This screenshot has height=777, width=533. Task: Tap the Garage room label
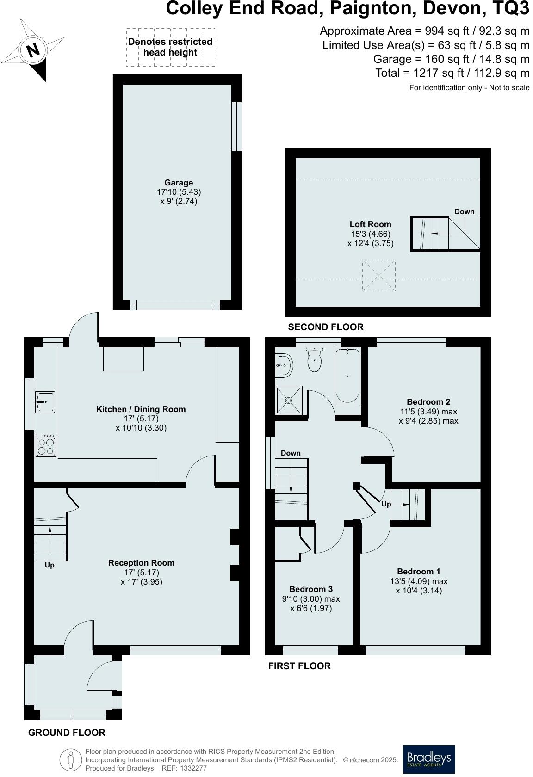tap(179, 183)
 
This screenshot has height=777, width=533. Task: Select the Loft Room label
tap(370, 224)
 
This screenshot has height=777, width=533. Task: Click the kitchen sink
tap(45, 402)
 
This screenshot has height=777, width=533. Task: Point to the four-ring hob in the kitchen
tap(46, 445)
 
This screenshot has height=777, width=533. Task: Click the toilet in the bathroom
tap(315, 361)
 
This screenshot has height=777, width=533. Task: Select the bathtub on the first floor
tap(347, 376)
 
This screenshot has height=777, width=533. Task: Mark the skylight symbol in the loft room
tap(378, 276)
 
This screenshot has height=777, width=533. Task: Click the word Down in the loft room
tap(464, 212)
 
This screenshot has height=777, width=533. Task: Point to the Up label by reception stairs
tap(50, 565)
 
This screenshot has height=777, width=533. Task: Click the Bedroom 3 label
tap(311, 589)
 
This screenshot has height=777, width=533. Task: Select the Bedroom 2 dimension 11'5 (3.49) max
tap(428, 412)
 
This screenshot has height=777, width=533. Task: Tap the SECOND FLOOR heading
tap(326, 327)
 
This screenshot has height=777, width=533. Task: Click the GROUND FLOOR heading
tap(67, 733)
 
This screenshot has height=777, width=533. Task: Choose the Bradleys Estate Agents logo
tap(428, 758)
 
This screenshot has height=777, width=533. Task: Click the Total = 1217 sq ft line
tap(452, 73)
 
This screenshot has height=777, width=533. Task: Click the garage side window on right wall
tap(236, 126)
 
